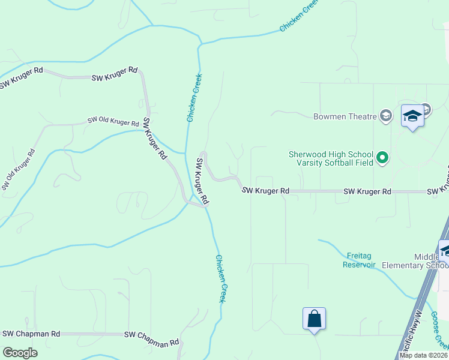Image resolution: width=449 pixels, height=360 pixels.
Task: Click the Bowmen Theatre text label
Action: (x=344, y=116)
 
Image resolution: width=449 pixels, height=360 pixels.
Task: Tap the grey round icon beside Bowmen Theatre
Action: (x=386, y=116)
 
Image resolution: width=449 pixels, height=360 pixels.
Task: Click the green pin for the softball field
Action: (x=382, y=159)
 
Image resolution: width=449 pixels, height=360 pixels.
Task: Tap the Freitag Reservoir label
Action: (x=359, y=260)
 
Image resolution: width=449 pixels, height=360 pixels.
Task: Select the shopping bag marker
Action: (x=314, y=319)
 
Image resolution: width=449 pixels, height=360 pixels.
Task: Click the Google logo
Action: (x=20, y=353)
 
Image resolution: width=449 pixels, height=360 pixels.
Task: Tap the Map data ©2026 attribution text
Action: (x=423, y=355)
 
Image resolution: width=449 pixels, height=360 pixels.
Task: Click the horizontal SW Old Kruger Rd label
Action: (x=113, y=121)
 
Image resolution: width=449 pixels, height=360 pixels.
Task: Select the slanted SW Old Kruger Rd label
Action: (x=17, y=170)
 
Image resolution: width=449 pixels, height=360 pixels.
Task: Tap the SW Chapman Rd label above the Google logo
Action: (x=31, y=334)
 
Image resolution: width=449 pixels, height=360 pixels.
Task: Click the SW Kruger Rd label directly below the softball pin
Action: (x=367, y=191)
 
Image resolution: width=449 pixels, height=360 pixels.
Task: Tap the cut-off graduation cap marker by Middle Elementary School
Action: (x=444, y=251)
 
